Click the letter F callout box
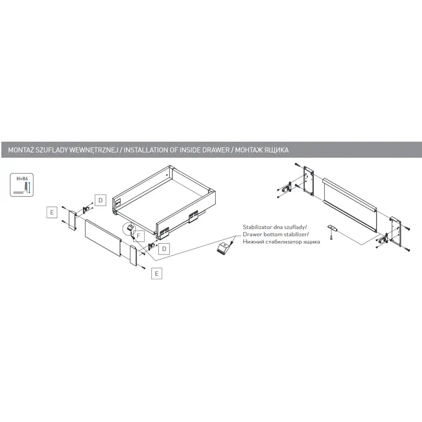(x=139, y=236)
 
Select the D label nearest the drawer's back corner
(x=100, y=200)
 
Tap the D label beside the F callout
(x=164, y=249)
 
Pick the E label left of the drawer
(x=51, y=212)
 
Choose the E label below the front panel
(x=157, y=274)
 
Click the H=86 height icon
(x=22, y=185)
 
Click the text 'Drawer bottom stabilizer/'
(x=276, y=234)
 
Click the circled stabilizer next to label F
(x=130, y=229)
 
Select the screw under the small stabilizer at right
(x=331, y=237)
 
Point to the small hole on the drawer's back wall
(x=167, y=176)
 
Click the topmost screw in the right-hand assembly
(x=297, y=164)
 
